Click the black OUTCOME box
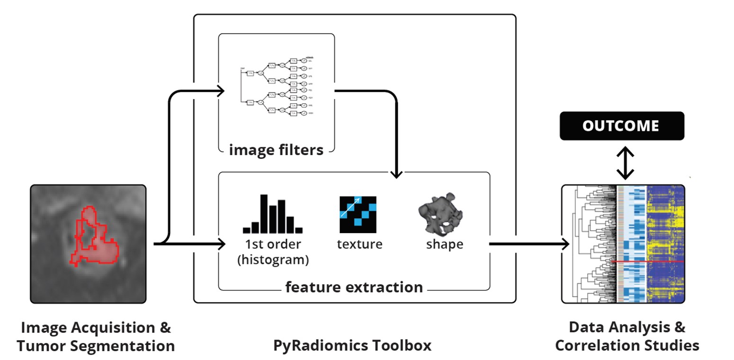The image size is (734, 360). pyautogui.click(x=622, y=126)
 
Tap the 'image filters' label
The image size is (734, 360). pyautogui.click(x=276, y=150)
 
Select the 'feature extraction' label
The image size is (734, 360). pyautogui.click(x=354, y=287)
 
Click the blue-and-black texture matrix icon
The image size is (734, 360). pyautogui.click(x=358, y=214)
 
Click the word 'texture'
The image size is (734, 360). pyautogui.click(x=359, y=244)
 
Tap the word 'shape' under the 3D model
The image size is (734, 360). pyautogui.click(x=444, y=244)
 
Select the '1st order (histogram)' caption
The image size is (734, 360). pyautogui.click(x=273, y=252)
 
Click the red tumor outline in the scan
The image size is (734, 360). pyautogui.click(x=86, y=211)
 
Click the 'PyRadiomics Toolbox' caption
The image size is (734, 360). pyautogui.click(x=352, y=345)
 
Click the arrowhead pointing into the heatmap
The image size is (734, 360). pyautogui.click(x=565, y=244)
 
